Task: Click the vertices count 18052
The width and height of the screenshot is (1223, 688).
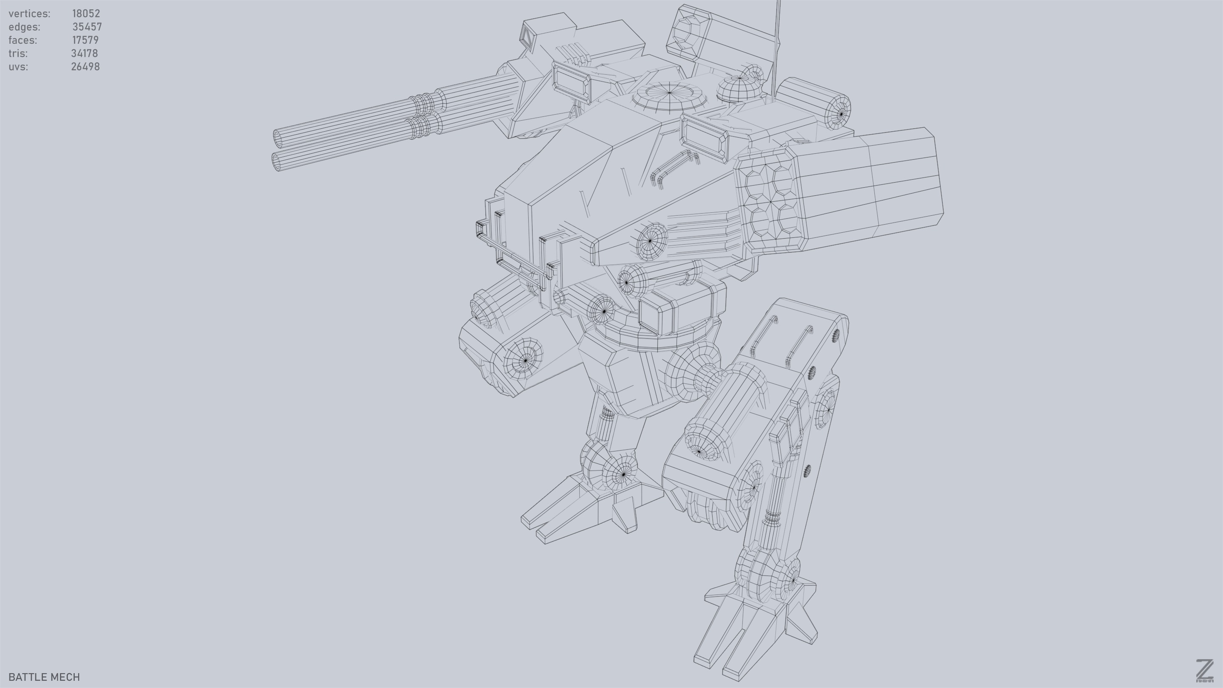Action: click(86, 13)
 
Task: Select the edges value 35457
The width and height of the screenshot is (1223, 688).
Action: click(87, 27)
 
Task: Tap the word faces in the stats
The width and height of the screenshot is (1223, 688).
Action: click(23, 40)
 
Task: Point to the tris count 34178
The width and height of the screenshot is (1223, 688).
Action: click(85, 53)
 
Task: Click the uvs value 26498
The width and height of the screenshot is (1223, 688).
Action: click(85, 67)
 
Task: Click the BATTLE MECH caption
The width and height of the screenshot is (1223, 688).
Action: click(44, 677)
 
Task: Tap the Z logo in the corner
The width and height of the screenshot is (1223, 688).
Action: click(1204, 671)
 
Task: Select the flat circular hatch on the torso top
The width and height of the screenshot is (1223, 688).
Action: click(669, 93)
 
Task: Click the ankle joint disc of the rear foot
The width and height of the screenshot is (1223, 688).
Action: click(623, 474)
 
